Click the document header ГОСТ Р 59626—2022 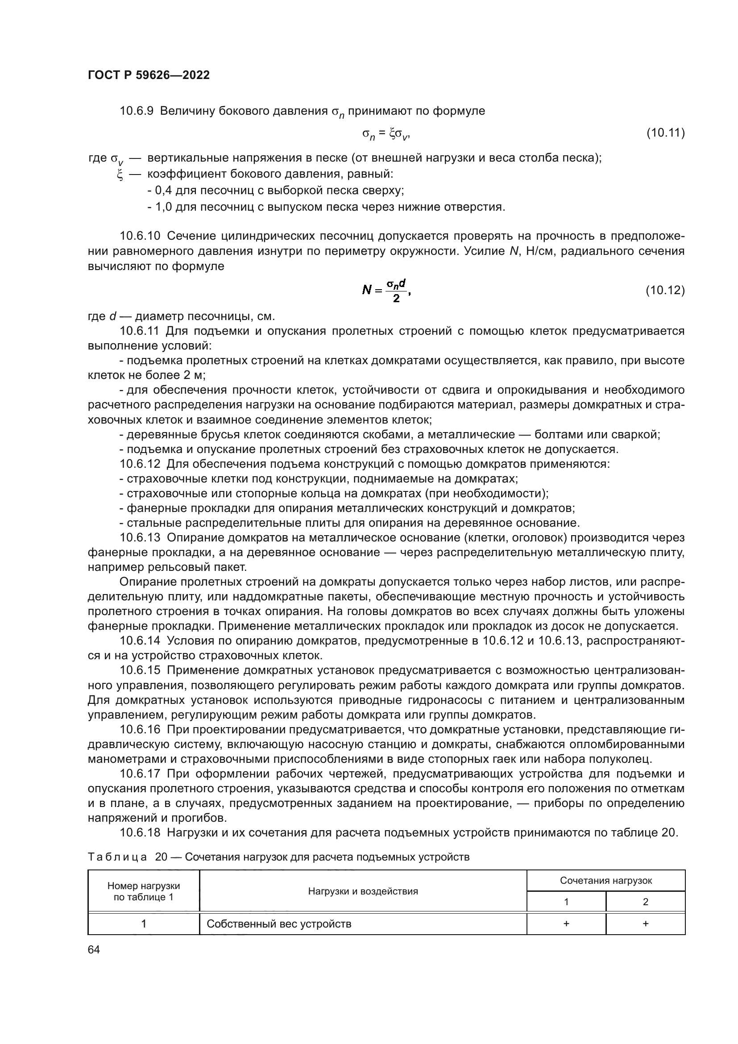[x=149, y=75]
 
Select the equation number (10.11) [x=665, y=133]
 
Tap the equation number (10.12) [x=665, y=290]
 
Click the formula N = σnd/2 [x=386, y=290]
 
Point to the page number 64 [x=94, y=949]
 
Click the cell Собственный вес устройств [x=279, y=923]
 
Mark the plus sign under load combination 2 [x=645, y=923]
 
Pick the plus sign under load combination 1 [x=566, y=923]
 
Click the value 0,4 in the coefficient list [x=162, y=191]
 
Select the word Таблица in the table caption [x=117, y=857]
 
